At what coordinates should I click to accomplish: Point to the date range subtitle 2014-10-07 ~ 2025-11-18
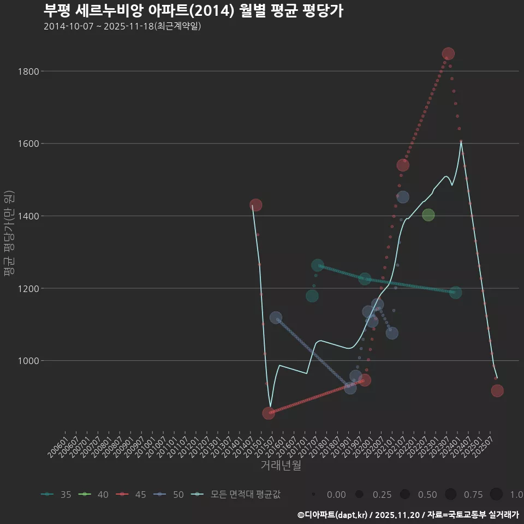pos(122,26)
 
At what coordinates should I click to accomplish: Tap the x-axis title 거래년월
pos(281,465)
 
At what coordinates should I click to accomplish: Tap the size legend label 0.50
pos(427,495)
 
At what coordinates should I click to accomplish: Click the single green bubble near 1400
pos(428,215)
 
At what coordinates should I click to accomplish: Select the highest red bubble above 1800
pos(448,54)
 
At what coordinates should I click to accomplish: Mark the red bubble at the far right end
pos(497,391)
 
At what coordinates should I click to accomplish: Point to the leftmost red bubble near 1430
pos(256,205)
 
